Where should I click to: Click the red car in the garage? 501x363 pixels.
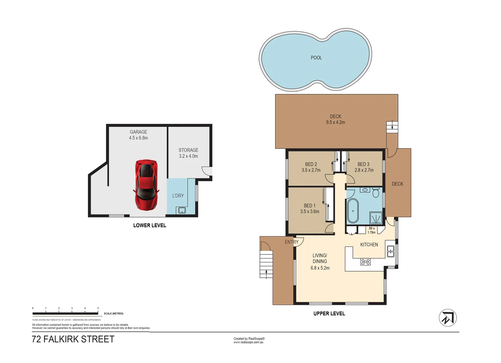[x=146, y=185]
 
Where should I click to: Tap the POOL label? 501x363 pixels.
[x=316, y=58]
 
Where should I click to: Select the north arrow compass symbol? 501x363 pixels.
[x=448, y=318]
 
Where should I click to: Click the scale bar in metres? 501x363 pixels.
[x=65, y=313]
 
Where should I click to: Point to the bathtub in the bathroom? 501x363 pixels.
[x=353, y=211]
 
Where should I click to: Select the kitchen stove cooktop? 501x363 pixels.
[x=366, y=262]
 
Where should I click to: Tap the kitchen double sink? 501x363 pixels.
[x=391, y=251]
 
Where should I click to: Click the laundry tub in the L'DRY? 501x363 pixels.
[x=182, y=210]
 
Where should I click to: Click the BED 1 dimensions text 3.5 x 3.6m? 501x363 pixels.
[x=310, y=212]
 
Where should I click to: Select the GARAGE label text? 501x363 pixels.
[x=138, y=132]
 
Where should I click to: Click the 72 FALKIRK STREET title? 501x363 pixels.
[x=73, y=339]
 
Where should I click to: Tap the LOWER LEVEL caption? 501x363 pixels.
[x=150, y=225]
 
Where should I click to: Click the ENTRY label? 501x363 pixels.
[x=291, y=242]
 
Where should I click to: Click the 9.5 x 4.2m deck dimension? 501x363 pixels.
[x=335, y=123]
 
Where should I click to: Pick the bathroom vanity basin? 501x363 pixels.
[x=364, y=190]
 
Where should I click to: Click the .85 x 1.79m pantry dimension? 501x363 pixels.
[x=371, y=231]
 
